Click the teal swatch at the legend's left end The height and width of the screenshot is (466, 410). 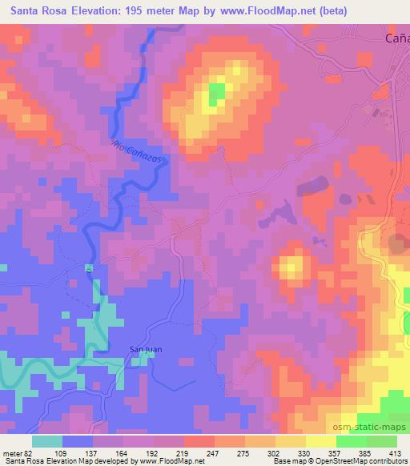pos(47,441)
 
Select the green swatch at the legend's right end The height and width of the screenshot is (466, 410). pos(381,441)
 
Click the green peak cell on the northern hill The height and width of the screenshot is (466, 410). pos(216,94)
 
